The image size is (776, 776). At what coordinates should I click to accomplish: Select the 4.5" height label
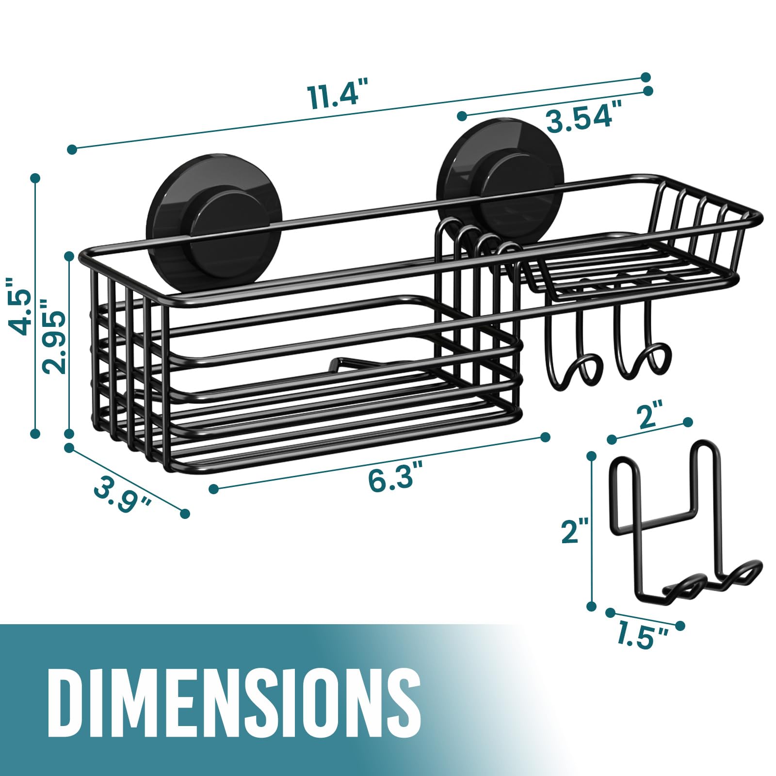[x=21, y=306]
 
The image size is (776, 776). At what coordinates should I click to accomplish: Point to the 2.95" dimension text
[x=54, y=336]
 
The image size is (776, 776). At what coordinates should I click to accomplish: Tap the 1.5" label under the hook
[x=643, y=636]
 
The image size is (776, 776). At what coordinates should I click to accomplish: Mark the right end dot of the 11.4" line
[x=646, y=77]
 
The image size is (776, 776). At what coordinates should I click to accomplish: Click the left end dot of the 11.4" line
[x=72, y=149]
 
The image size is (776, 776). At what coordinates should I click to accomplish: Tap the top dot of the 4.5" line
[x=35, y=178]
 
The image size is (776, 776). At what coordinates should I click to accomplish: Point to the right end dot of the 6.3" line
[x=545, y=436]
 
